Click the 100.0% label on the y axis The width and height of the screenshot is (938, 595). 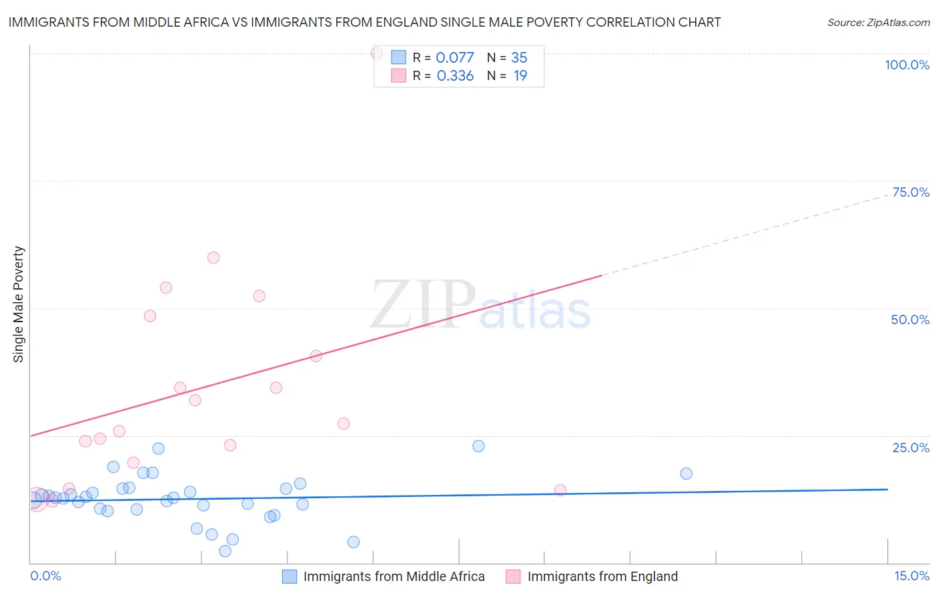[907, 65]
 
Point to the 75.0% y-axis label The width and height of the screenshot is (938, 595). [911, 192]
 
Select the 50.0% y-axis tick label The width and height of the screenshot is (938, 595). [910, 320]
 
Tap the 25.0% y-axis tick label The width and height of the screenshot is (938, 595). [911, 448]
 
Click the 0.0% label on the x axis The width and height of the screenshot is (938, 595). [45, 576]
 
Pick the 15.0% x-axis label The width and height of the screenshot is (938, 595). [911, 576]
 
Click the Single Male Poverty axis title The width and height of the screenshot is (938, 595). [19, 304]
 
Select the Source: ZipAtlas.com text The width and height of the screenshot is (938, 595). [878, 23]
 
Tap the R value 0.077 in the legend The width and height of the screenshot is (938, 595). [454, 57]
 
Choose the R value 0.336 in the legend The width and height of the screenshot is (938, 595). [455, 75]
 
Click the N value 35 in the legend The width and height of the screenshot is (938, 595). [519, 57]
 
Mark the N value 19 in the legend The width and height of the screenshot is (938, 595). [520, 75]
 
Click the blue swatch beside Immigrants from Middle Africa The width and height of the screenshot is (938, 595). [290, 576]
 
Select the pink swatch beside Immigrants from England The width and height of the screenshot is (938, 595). [513, 576]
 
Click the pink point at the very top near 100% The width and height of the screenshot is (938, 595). [377, 53]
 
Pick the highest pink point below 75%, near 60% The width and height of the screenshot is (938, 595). [213, 257]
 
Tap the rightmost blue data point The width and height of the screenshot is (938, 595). [686, 474]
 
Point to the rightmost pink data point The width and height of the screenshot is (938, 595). [560, 490]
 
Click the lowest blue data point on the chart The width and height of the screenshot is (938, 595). [225, 551]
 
